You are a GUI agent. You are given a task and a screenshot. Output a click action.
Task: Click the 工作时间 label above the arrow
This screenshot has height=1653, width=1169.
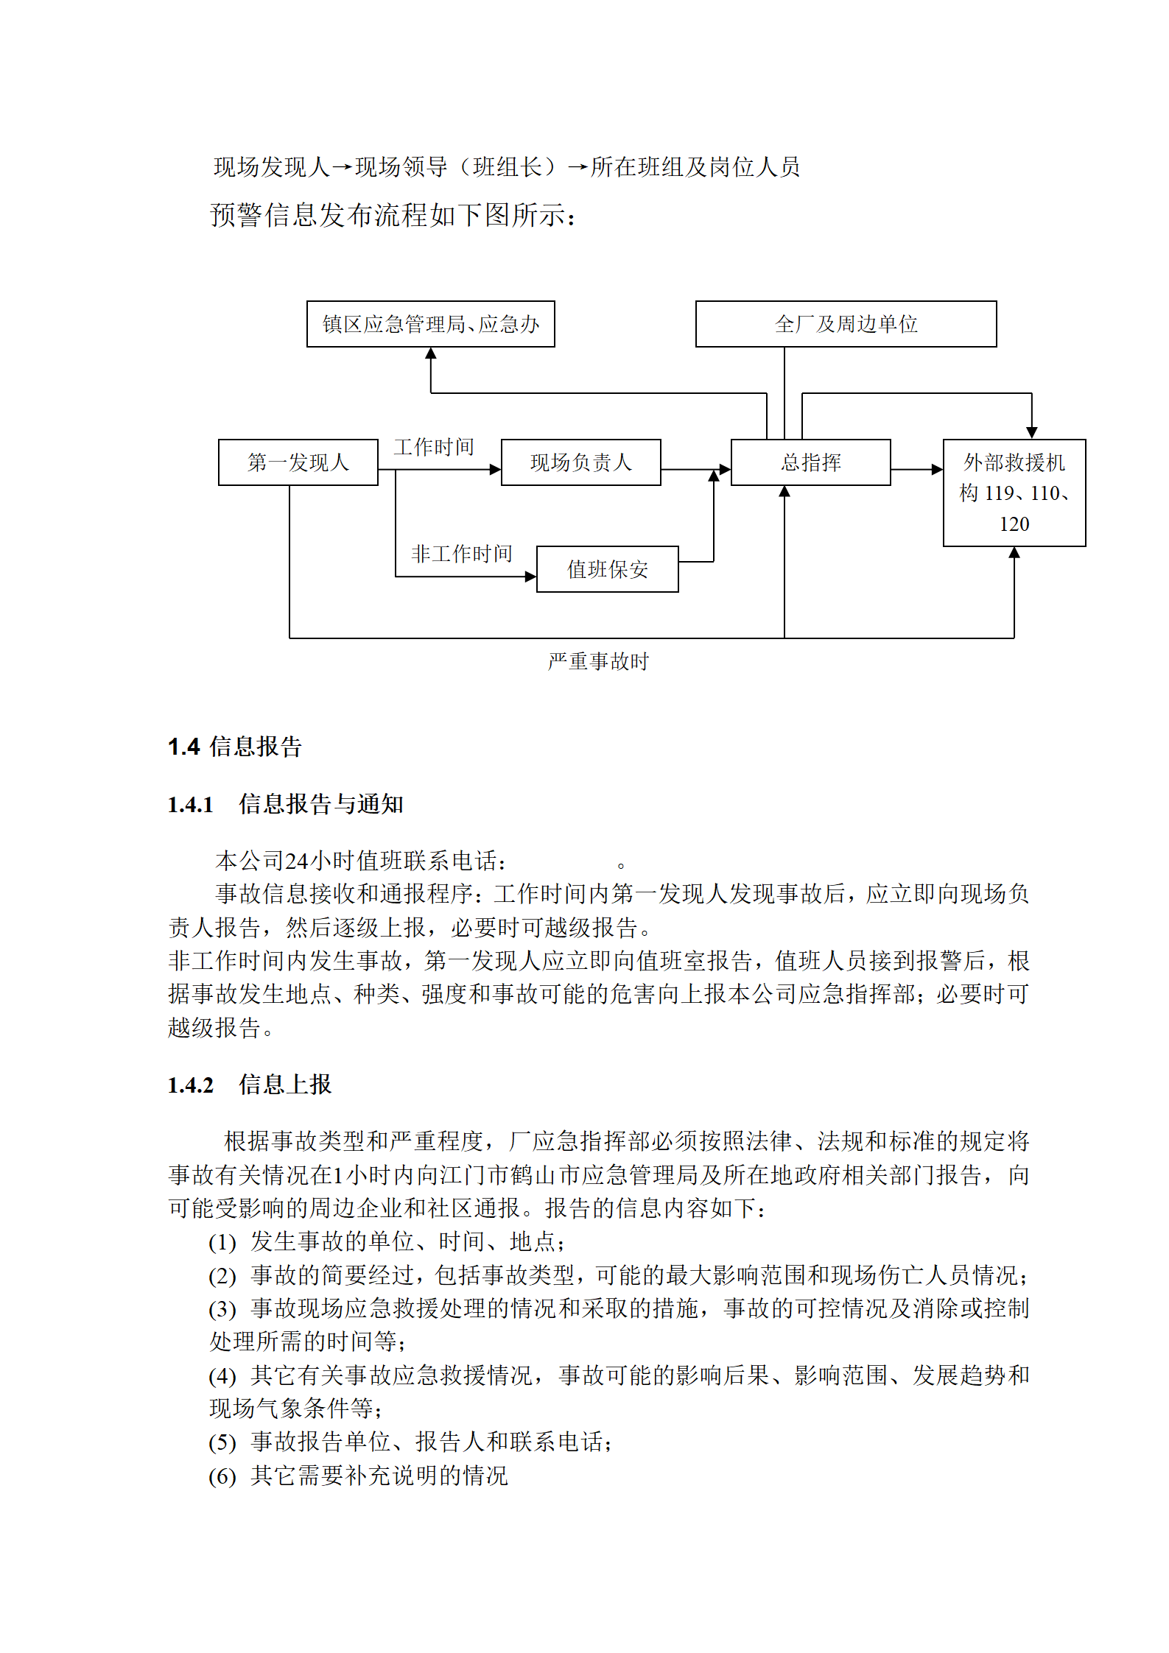point(433,447)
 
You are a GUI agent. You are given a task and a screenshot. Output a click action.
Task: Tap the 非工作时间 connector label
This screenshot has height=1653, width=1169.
point(461,554)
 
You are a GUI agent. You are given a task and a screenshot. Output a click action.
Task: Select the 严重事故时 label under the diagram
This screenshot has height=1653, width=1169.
point(598,661)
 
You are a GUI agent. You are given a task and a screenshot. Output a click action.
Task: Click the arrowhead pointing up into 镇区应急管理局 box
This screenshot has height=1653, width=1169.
point(431,353)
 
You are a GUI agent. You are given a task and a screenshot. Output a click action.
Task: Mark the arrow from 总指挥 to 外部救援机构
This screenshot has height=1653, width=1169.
point(917,469)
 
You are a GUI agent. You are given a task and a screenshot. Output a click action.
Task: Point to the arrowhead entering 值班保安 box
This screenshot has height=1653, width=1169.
point(530,577)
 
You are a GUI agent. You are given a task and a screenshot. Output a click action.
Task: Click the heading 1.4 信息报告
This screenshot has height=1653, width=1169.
point(235,747)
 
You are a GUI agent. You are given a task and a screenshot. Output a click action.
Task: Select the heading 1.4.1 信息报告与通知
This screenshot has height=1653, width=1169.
point(286,804)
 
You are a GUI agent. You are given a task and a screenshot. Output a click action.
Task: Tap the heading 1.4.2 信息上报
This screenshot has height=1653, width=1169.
point(250,1085)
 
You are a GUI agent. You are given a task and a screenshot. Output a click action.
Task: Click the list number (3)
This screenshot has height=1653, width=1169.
point(222,1309)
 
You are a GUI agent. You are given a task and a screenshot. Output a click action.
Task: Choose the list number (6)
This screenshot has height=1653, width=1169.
point(222,1476)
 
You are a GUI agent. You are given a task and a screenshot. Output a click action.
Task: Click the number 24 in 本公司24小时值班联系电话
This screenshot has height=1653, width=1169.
point(296,861)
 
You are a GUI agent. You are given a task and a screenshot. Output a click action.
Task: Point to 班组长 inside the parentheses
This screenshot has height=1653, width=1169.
point(508,167)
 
